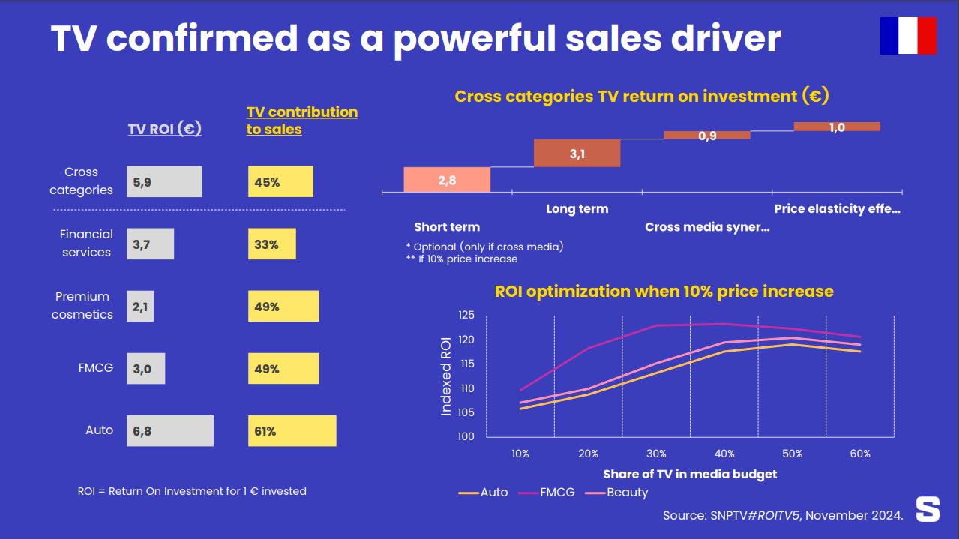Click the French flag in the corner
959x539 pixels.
pyautogui.click(x=908, y=36)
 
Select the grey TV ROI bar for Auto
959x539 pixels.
pyautogui.click(x=170, y=431)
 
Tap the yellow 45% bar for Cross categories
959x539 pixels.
pyautogui.click(x=280, y=181)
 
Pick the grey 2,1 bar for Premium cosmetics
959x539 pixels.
pyautogui.click(x=140, y=307)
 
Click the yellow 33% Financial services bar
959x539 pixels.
pyautogui.click(x=271, y=244)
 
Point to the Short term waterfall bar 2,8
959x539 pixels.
pyautogui.click(x=447, y=179)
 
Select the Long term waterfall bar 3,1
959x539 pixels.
pyautogui.click(x=577, y=153)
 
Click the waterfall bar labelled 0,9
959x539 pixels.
pyautogui.click(x=706, y=136)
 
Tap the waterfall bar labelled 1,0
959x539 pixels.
pyautogui.click(x=837, y=127)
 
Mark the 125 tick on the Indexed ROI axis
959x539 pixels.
pyautogui.click(x=466, y=315)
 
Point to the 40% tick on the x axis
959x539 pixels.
pyautogui.click(x=724, y=454)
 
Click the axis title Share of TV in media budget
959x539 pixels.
pyautogui.click(x=690, y=474)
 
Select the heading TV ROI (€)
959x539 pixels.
pyautogui.click(x=164, y=129)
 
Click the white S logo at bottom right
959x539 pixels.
pyautogui.click(x=928, y=509)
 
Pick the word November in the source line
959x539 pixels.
pyautogui.click(x=838, y=515)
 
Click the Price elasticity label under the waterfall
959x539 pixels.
pyautogui.click(x=837, y=209)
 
